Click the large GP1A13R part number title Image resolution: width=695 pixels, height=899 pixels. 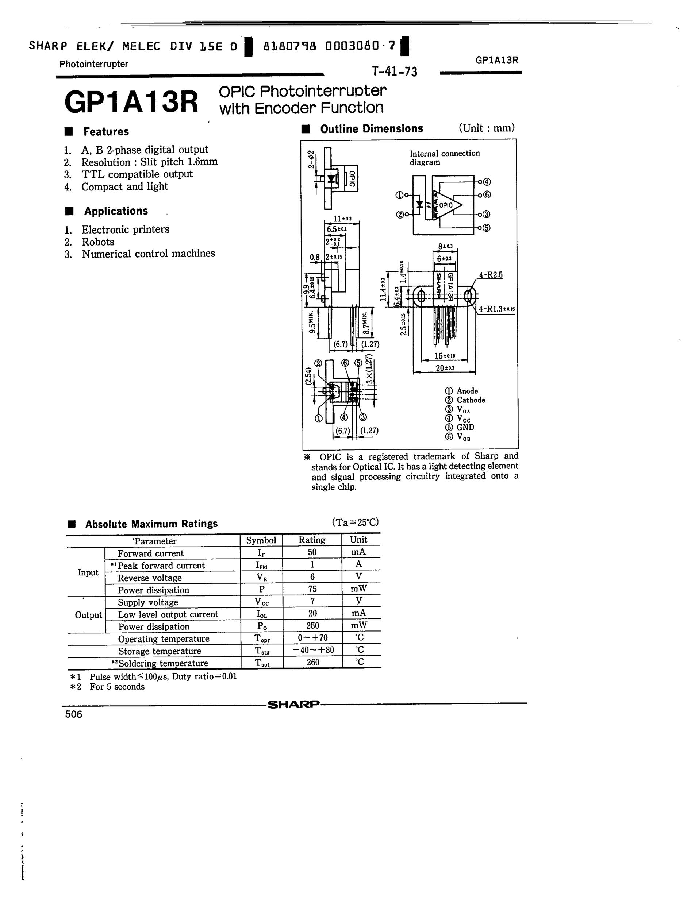(x=131, y=102)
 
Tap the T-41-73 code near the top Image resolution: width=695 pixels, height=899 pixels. (x=395, y=72)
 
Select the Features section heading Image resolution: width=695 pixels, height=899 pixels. (x=106, y=132)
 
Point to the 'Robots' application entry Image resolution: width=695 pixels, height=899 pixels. (x=97, y=242)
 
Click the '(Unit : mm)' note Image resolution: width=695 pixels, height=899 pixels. (x=486, y=128)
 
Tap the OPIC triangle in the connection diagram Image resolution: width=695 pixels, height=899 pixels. (x=447, y=205)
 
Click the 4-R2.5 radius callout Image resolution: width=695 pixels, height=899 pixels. (x=491, y=275)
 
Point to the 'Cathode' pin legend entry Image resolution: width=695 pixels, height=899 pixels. (x=471, y=400)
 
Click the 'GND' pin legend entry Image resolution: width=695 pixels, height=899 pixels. (x=465, y=427)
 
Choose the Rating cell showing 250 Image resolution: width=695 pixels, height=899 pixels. (x=312, y=626)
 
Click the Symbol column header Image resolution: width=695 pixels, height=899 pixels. (x=261, y=540)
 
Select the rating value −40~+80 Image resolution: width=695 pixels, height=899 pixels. (x=312, y=650)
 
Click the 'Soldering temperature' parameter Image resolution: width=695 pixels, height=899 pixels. (x=163, y=663)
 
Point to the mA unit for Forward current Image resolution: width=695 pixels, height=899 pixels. (x=358, y=552)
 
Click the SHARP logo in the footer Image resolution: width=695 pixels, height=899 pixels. (x=293, y=704)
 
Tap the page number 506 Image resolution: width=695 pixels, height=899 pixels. (x=74, y=714)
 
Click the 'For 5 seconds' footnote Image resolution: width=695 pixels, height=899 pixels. (x=117, y=687)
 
